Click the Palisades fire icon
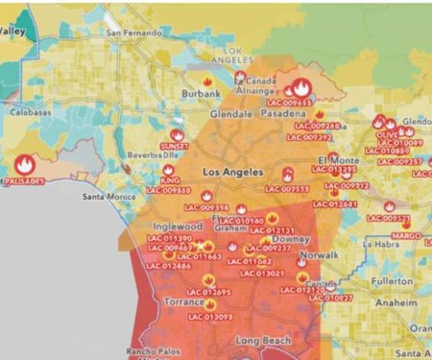pos(23,164)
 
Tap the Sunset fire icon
pos(177,136)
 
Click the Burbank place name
pos(202,93)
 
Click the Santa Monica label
pos(108,197)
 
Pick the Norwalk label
pos(319,257)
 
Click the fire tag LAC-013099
pos(210,316)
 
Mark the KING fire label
pos(170,180)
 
